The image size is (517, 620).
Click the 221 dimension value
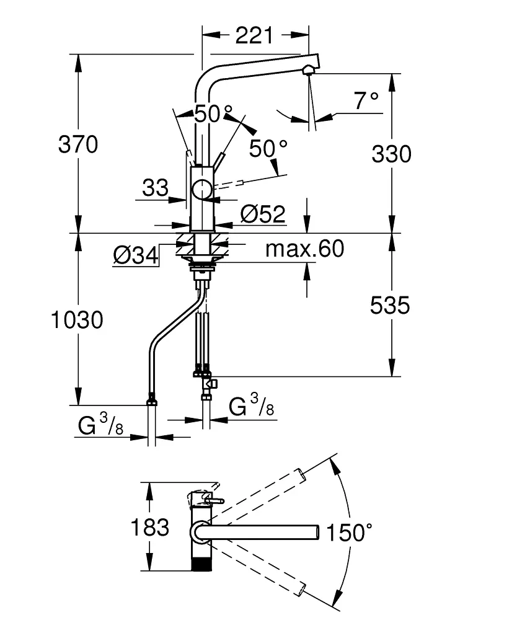click(x=254, y=35)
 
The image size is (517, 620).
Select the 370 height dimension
click(x=77, y=144)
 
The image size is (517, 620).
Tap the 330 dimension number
click(x=391, y=153)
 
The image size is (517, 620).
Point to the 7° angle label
click(x=366, y=100)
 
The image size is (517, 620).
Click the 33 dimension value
click(x=155, y=187)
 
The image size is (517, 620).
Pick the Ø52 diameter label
click(x=262, y=215)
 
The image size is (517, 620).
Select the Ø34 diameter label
click(x=135, y=254)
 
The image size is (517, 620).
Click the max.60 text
click(x=304, y=249)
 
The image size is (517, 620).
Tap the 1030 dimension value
click(x=77, y=320)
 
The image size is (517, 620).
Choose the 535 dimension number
click(x=391, y=305)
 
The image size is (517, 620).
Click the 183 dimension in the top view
click(x=149, y=528)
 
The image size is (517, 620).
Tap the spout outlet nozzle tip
click(x=306, y=70)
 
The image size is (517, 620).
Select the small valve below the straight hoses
click(x=210, y=384)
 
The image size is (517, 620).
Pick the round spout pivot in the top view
click(x=200, y=532)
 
